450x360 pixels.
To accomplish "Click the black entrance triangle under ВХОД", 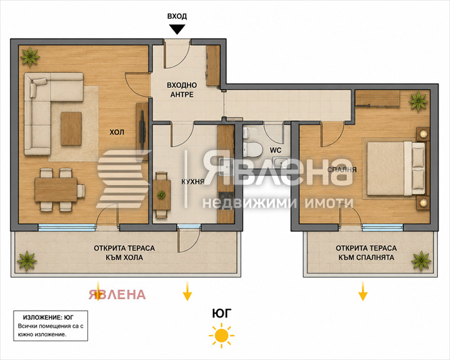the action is [177, 29].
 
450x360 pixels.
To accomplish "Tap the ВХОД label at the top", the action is [177, 16].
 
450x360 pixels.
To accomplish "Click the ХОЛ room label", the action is [117, 132].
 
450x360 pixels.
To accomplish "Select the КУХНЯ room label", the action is [193, 182].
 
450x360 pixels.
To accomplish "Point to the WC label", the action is [276, 150].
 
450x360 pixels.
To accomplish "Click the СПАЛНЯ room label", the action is [342, 170].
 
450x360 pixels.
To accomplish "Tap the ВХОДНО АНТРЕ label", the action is [182, 90].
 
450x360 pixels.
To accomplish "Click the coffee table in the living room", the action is [71, 128].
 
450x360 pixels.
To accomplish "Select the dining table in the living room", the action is [56, 190].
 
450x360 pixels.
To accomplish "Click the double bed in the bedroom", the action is [396, 168].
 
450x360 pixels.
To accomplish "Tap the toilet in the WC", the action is [253, 149].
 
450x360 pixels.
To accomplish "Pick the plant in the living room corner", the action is [30, 57].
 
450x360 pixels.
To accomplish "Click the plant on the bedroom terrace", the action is [421, 261].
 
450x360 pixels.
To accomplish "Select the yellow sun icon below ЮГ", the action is [222, 335].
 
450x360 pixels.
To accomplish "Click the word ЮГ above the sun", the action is [222, 313].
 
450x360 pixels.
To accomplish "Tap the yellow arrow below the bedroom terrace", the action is [363, 291].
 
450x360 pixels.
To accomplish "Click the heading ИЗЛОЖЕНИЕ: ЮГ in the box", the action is [48, 317].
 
